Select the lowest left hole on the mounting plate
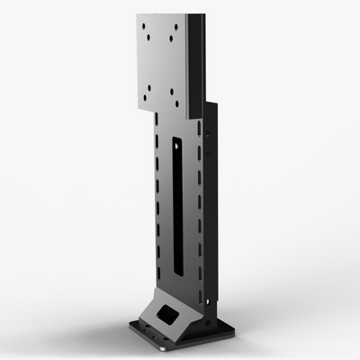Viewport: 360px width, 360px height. [x=149, y=100]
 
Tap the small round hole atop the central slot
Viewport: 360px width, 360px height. [x=177, y=126]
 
